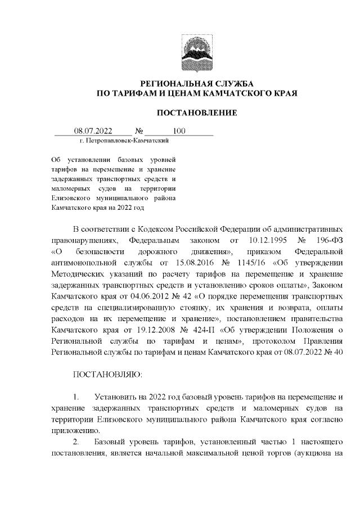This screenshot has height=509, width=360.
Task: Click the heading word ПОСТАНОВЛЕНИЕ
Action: tap(196, 113)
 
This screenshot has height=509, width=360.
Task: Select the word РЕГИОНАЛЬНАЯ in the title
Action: tap(173, 83)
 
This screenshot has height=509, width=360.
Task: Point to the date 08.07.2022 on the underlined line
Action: tap(93, 132)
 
